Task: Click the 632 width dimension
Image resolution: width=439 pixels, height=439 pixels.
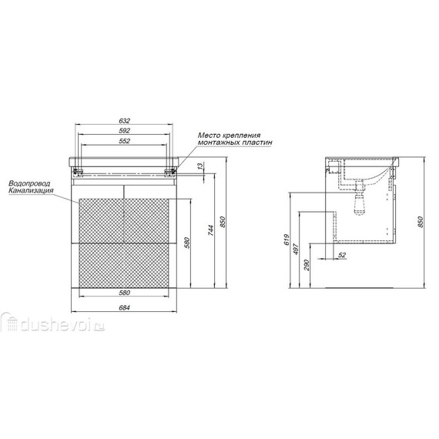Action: pyautogui.click(x=125, y=121)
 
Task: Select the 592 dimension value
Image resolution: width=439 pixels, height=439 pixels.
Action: pyautogui.click(x=125, y=131)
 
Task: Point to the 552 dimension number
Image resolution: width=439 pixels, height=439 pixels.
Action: pyautogui.click(x=125, y=141)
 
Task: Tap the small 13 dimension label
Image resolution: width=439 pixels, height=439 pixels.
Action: pyautogui.click(x=200, y=166)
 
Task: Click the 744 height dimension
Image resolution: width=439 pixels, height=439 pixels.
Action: pyautogui.click(x=211, y=230)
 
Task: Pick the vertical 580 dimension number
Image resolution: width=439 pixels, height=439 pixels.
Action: pyautogui.click(x=188, y=243)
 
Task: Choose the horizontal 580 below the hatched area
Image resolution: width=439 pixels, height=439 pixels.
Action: pyautogui.click(x=125, y=293)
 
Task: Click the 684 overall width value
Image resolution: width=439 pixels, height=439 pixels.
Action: pyautogui.click(x=125, y=308)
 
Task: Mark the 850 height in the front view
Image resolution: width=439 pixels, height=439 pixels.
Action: pyautogui.click(x=223, y=222)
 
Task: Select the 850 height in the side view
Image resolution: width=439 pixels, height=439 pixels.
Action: pyautogui.click(x=421, y=222)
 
